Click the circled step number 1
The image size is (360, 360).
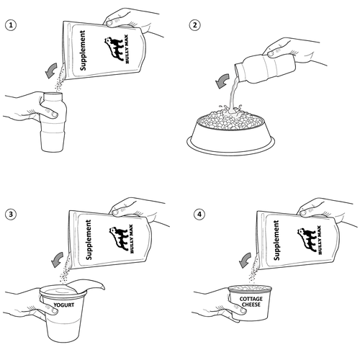(x=11, y=25)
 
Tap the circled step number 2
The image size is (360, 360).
(x=195, y=25)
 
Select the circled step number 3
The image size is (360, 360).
(x=11, y=214)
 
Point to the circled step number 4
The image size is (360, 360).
(x=199, y=214)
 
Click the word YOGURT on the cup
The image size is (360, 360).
(x=64, y=305)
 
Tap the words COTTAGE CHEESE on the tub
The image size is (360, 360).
(x=251, y=302)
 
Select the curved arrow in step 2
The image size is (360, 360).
(x=222, y=81)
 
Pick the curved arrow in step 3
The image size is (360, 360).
(x=57, y=259)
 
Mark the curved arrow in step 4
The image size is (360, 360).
(x=245, y=260)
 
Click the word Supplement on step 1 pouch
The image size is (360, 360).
(x=83, y=50)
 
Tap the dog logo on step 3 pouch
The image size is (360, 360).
(x=119, y=238)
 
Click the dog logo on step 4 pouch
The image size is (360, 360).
(x=307, y=240)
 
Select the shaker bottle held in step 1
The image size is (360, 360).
(x=53, y=122)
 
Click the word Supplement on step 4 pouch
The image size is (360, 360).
(x=276, y=240)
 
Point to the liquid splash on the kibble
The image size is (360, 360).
(x=230, y=109)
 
